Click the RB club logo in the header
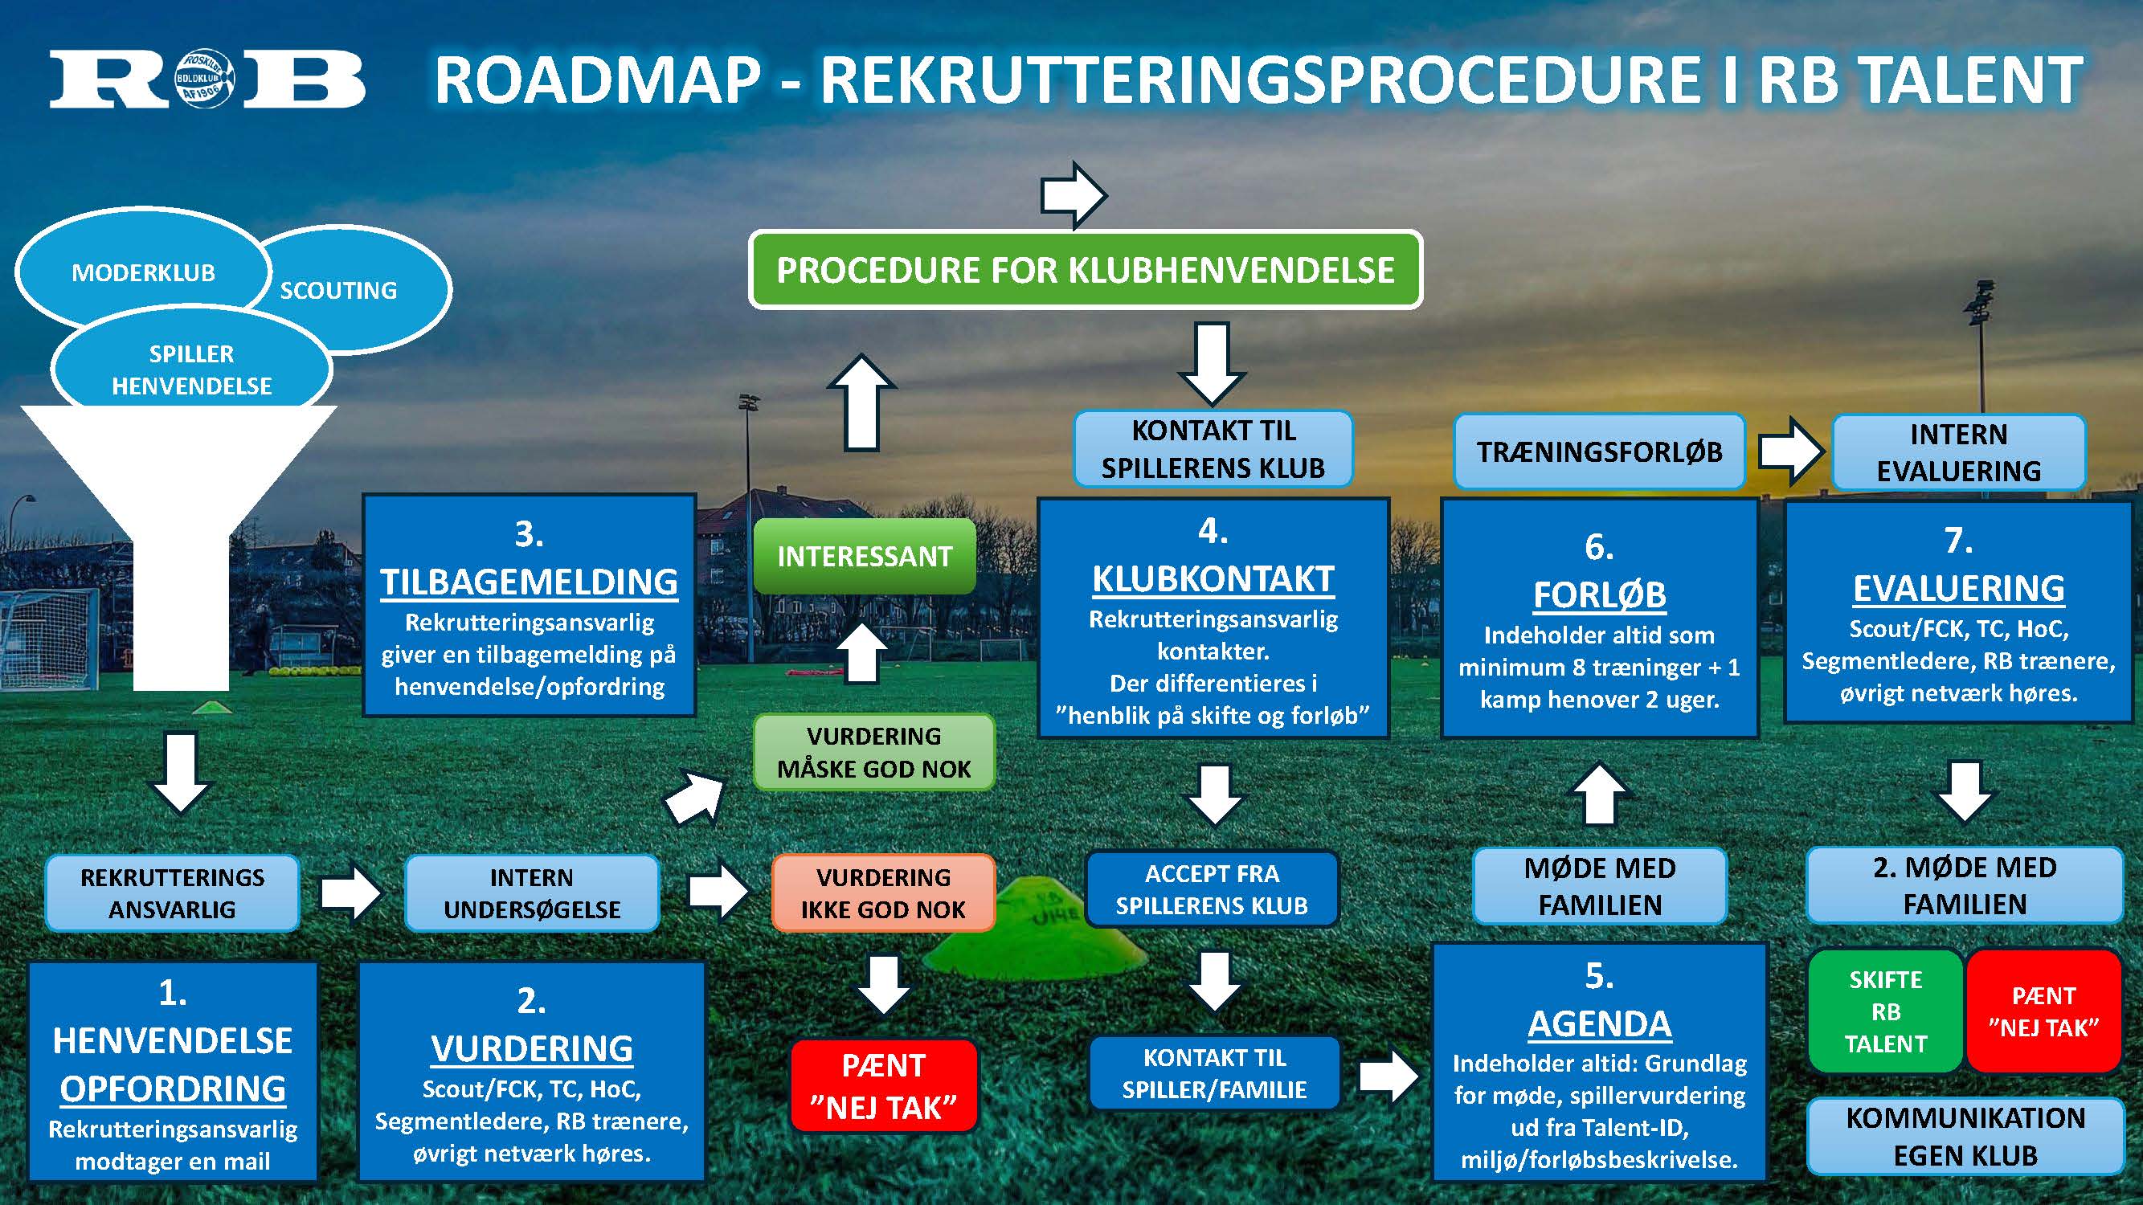point(207,80)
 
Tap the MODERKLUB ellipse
point(143,273)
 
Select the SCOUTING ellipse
point(350,290)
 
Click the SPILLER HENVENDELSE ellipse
point(191,370)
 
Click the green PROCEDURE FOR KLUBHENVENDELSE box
point(1085,270)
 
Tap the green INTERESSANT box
point(865,557)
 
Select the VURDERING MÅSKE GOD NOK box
point(873,752)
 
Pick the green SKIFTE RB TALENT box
point(1885,1011)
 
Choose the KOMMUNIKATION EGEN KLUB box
point(1965,1136)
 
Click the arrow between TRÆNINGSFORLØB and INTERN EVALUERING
point(1790,451)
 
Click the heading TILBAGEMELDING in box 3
point(529,582)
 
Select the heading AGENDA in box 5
point(1599,1023)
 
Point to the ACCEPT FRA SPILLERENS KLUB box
point(1211,889)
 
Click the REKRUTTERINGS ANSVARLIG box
point(172,893)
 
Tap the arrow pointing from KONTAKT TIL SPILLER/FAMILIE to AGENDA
point(1388,1076)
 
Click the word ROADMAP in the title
point(597,80)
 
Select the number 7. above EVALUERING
point(1958,541)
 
